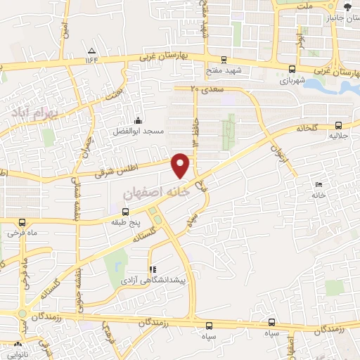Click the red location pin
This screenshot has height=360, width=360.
181,165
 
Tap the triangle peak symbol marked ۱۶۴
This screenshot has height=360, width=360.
92,50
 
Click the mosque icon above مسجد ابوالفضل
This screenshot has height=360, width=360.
138,120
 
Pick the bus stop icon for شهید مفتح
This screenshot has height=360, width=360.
224,60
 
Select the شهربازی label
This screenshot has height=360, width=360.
292,79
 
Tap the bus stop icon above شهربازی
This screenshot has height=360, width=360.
292,68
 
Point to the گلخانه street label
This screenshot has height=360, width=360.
308,128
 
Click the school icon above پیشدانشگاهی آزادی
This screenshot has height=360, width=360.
151,269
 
